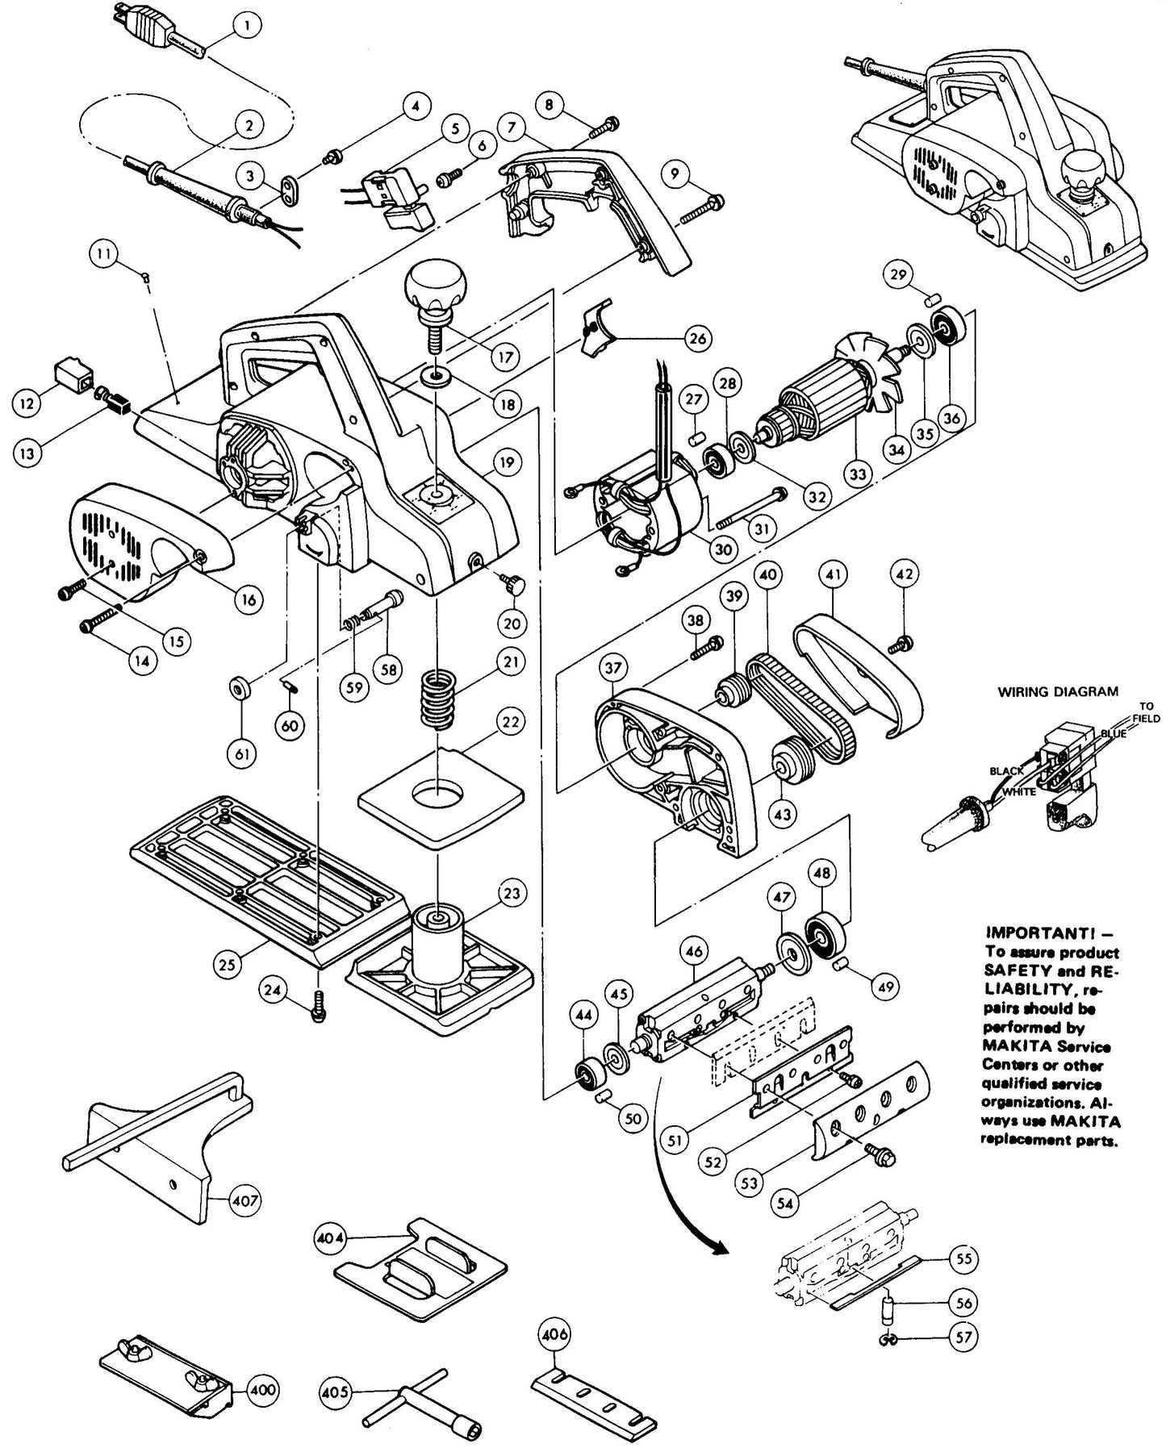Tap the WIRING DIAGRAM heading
[1058, 691]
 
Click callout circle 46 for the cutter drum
[695, 953]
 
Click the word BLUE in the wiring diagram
[1114, 735]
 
